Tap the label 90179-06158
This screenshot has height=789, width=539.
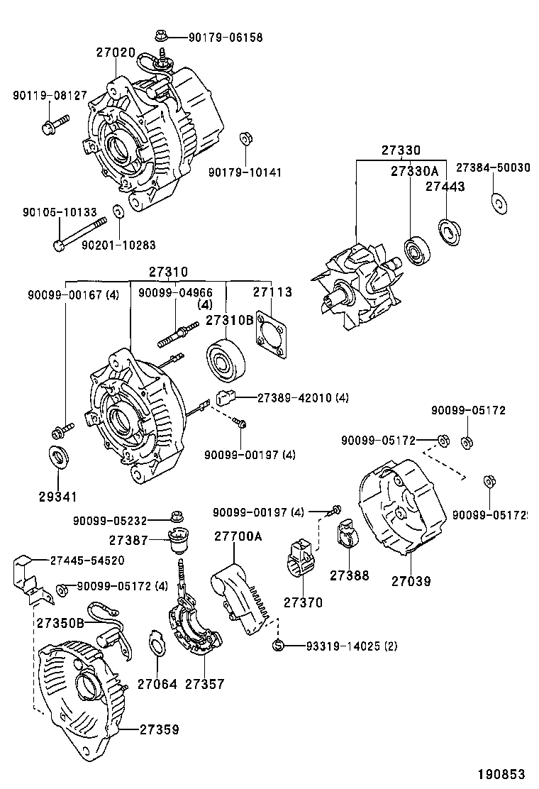pyautogui.click(x=226, y=37)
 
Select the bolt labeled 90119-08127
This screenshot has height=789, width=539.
pyautogui.click(x=54, y=126)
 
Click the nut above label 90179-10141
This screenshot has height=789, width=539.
pyautogui.click(x=244, y=138)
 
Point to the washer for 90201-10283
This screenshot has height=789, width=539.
pyautogui.click(x=118, y=211)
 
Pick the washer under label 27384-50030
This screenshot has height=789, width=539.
pyautogui.click(x=499, y=202)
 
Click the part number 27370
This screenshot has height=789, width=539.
pyautogui.click(x=303, y=602)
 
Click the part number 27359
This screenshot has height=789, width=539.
pyautogui.click(x=159, y=729)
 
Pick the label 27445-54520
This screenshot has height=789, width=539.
pyautogui.click(x=87, y=560)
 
